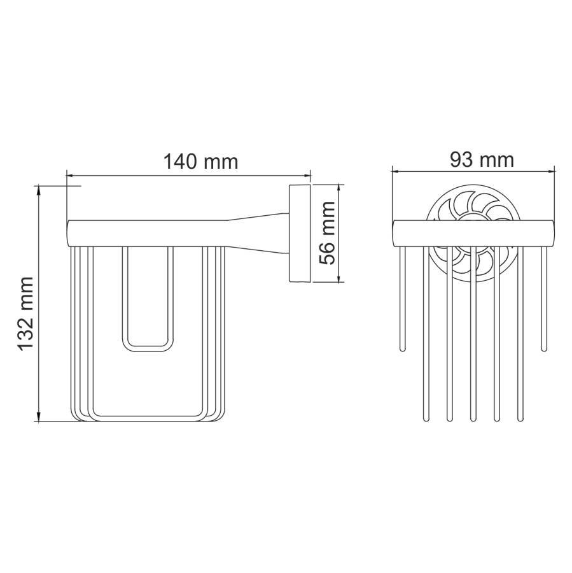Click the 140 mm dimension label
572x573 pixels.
tap(200, 162)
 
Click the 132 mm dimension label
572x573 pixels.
tap(26, 314)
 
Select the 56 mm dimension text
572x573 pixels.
tap(327, 233)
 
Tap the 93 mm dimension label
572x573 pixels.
tap(482, 160)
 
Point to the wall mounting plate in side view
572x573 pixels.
tap(300, 233)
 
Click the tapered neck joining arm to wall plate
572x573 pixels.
tap(258, 233)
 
